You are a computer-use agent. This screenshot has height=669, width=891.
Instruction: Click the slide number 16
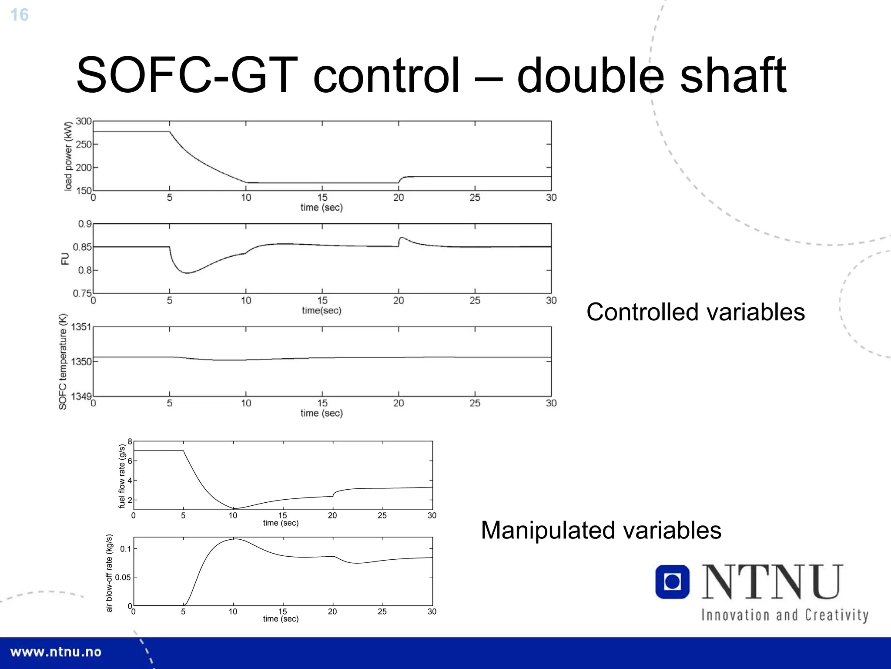coord(19,15)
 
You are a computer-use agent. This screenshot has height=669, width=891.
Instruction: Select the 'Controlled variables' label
coord(695,312)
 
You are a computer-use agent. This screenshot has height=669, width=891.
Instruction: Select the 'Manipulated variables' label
coord(601,530)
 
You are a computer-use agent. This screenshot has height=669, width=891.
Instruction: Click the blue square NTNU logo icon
coord(672,582)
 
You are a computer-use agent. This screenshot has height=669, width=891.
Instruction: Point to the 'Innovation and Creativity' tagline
coord(784,615)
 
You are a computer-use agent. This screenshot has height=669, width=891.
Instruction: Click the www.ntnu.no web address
coord(56,652)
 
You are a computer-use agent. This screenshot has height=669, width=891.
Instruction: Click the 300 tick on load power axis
coord(84,121)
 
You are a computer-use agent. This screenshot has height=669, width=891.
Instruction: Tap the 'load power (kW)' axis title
coord(68,156)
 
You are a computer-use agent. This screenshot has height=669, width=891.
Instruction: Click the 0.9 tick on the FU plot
coord(84,224)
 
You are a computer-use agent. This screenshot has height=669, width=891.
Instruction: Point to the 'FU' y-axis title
coord(65,259)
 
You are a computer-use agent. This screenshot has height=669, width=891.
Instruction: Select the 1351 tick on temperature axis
coord(81,327)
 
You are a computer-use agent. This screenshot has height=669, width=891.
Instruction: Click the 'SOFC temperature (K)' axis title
coord(63,361)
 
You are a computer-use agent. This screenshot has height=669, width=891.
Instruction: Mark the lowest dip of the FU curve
coord(187,273)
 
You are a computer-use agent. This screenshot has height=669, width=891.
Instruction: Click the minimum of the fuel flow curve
coord(234,508)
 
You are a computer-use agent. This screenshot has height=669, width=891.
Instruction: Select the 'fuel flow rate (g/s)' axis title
coord(122,476)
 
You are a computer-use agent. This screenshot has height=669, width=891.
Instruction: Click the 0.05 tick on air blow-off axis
coord(123,577)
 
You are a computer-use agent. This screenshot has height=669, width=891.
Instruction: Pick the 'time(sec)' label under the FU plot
coord(322,310)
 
